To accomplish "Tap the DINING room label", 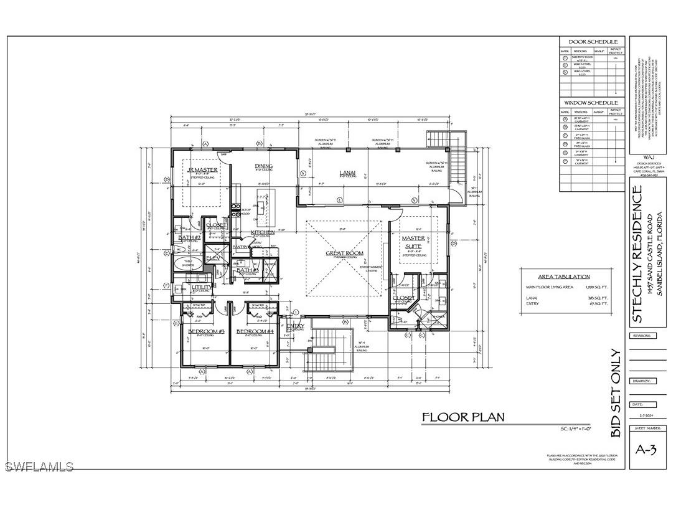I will (x=264, y=166).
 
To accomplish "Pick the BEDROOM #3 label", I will (x=206, y=331).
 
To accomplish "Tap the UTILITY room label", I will (x=202, y=287).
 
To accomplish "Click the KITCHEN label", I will (x=263, y=232).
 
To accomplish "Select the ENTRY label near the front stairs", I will (x=296, y=326).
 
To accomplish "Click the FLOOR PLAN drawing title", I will (x=463, y=417).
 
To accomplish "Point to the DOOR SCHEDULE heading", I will (x=593, y=42).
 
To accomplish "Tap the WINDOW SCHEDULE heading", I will (x=591, y=102).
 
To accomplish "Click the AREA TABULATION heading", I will (x=564, y=277).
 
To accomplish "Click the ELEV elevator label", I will (x=214, y=257).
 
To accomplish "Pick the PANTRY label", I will (x=240, y=247).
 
